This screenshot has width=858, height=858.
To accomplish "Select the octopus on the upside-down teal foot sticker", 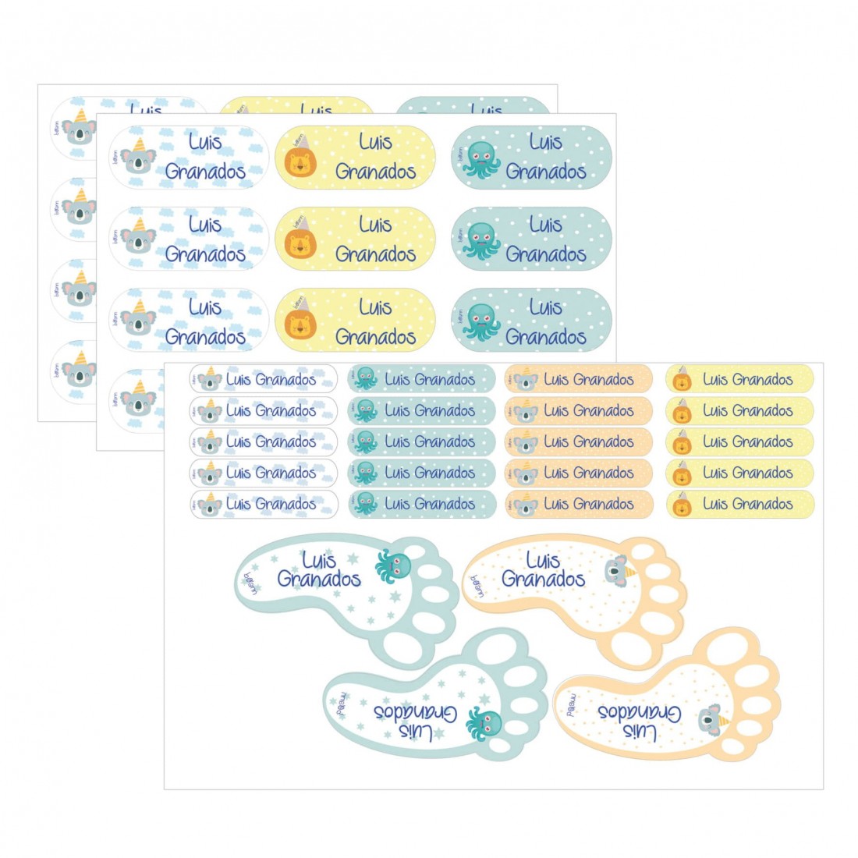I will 483,724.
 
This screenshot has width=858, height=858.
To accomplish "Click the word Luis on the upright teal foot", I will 318,560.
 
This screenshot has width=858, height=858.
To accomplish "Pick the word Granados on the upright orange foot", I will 543,579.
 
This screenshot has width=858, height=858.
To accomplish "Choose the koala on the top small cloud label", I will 210,380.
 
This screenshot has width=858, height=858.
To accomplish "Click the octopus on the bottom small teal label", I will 365,504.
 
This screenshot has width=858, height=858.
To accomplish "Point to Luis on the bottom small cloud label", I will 238,504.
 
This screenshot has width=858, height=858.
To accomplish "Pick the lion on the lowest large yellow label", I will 300,323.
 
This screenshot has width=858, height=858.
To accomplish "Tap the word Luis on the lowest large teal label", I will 545,308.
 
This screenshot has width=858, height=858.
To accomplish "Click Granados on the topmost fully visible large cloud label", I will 205,172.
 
